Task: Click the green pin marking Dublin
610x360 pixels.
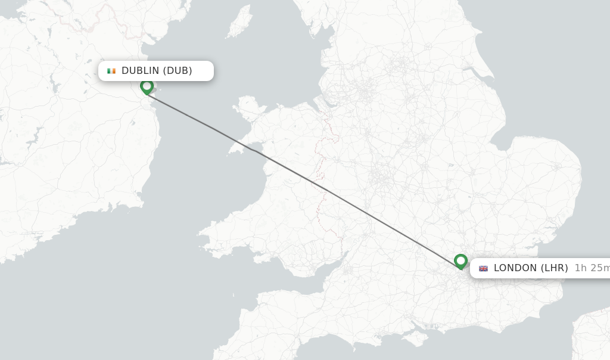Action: [147, 86]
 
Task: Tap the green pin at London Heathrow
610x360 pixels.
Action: [460, 261]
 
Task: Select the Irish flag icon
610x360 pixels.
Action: [111, 71]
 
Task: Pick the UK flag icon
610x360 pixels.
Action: [483, 268]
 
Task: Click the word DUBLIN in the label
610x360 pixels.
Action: [141, 71]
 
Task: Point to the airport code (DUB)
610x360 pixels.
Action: [178, 71]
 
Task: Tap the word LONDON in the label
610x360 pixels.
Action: [515, 268]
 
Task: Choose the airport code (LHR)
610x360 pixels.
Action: [554, 268]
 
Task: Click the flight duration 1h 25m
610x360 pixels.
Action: [592, 268]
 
